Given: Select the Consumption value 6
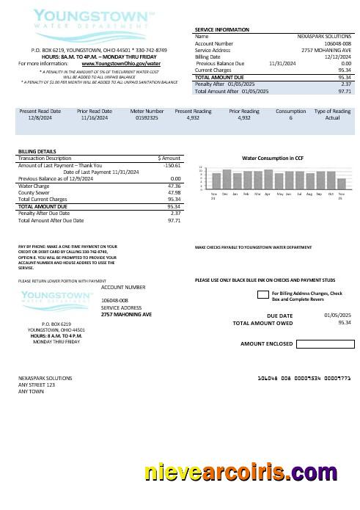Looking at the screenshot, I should pyautogui.click(x=290, y=117).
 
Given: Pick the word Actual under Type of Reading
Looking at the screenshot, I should pyautogui.click(x=332, y=117).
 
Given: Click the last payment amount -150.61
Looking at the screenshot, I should pyautogui.click(x=172, y=166).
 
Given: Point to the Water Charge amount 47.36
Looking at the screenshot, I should pyautogui.click(x=174, y=186).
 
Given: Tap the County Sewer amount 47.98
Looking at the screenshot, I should pyautogui.click(x=174, y=192).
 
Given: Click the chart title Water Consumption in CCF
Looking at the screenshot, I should pyautogui.click(x=273, y=159).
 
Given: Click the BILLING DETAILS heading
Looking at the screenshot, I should pyautogui.click(x=37, y=151).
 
